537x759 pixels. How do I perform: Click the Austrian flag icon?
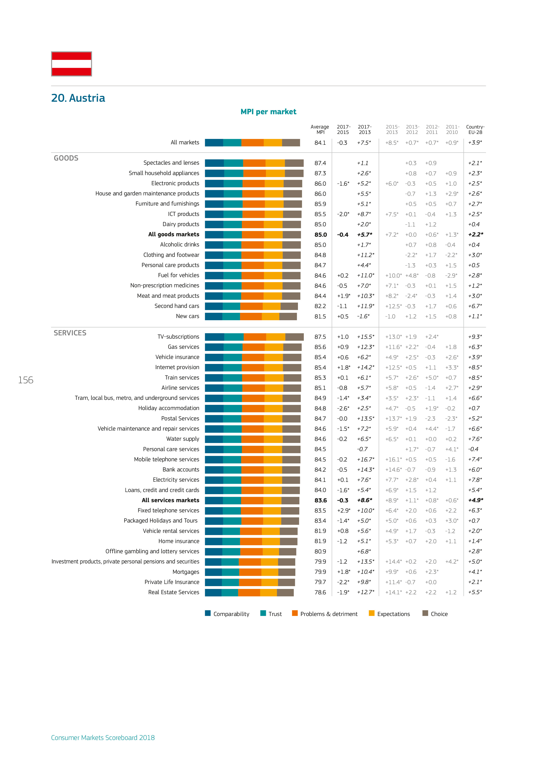71,64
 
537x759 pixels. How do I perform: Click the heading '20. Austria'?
78,98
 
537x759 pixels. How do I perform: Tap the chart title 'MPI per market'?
268,112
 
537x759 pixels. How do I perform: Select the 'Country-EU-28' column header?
475,129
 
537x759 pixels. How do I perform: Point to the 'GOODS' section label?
66,158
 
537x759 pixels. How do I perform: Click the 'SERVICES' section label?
70,333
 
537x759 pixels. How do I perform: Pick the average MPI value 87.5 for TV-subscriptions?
320,337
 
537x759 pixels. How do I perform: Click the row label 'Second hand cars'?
177,306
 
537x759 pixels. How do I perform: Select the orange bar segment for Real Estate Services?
249,592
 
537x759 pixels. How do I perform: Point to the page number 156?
26,380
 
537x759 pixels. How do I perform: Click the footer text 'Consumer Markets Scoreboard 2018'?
103,738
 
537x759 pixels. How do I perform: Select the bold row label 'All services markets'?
170,500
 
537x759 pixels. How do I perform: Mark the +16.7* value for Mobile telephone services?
365,460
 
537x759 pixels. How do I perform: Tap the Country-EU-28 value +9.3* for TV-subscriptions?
475,337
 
